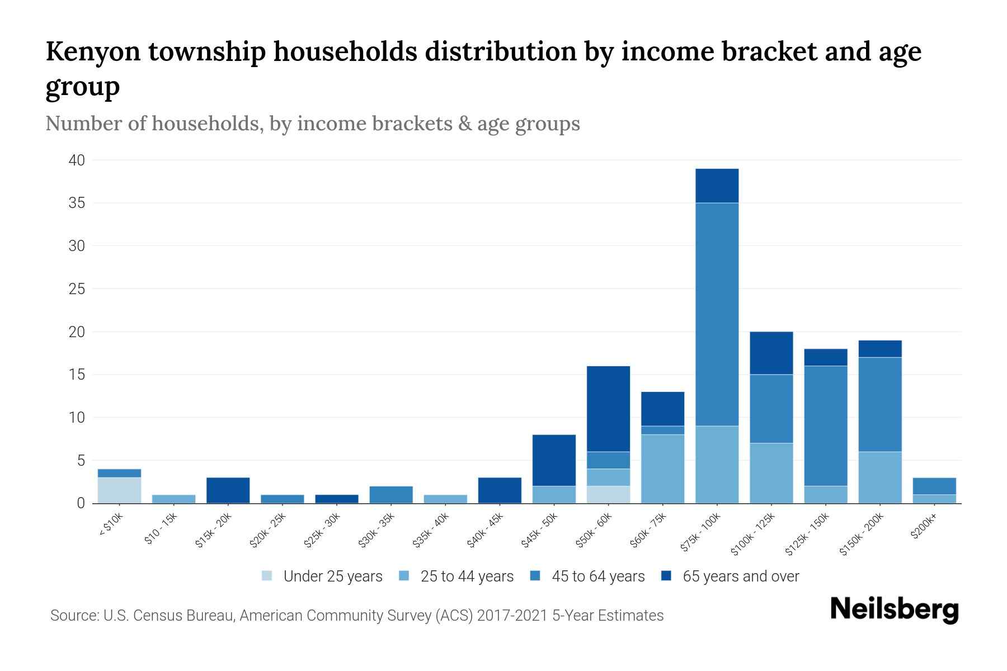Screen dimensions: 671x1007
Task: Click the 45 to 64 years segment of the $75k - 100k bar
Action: pos(717,314)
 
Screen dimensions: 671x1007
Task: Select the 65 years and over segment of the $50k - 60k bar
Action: pos(608,409)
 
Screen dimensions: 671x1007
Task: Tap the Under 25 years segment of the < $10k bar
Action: pos(119,490)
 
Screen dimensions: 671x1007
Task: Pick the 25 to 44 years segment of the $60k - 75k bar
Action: pos(662,469)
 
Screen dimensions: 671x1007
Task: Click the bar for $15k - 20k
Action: pos(228,490)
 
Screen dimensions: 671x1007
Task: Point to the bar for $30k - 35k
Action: pos(391,494)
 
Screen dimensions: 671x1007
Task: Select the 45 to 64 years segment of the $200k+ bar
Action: pos(934,486)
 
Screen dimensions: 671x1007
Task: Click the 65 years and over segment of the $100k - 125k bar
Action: pos(771,353)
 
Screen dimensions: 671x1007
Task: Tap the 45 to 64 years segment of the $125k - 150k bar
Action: pos(825,426)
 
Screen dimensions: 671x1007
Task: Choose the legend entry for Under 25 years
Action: pos(322,577)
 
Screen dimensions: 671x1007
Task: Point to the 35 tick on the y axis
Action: pos(77,203)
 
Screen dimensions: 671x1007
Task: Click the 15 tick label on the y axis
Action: pos(77,375)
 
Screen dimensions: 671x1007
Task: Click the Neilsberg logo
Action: pos(894,609)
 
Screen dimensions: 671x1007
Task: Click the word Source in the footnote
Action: pos(73,616)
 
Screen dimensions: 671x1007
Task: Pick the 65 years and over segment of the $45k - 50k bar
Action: pos(554,460)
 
